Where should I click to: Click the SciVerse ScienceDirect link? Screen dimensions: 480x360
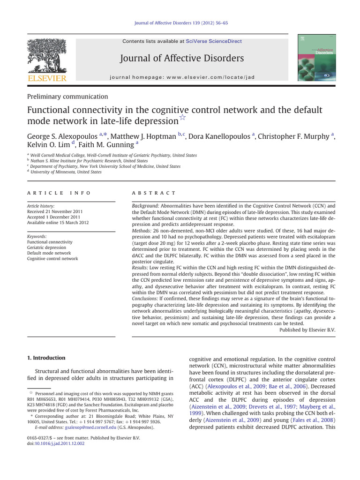[214, 41]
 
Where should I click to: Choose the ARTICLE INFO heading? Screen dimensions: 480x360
[59, 193]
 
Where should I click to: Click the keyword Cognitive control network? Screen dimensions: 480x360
[52, 259]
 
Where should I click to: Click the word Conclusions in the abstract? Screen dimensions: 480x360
[143, 298]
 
